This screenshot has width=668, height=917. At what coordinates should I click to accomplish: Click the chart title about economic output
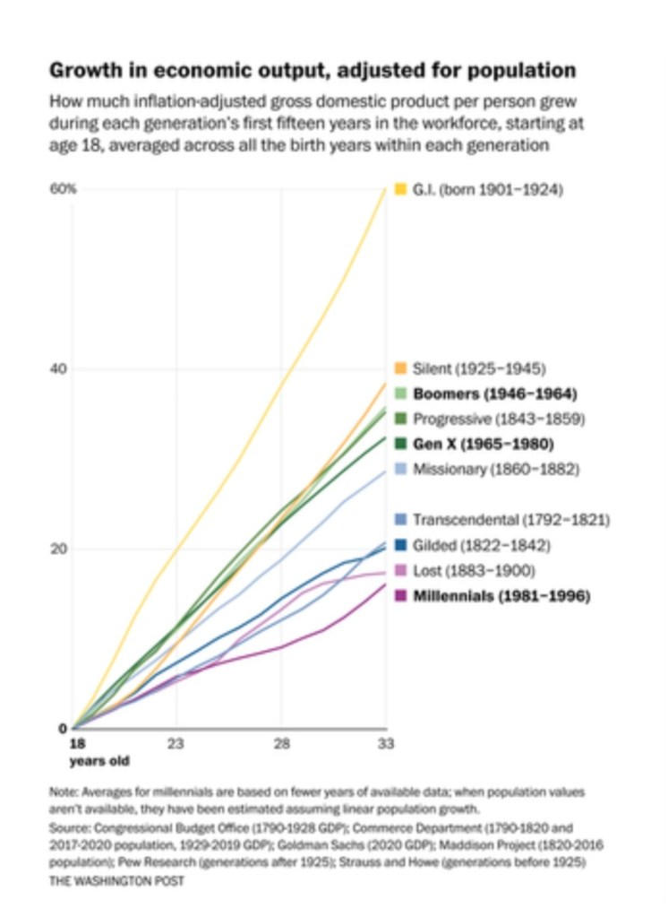pyautogui.click(x=312, y=70)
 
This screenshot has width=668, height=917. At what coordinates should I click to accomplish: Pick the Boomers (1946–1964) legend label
pyautogui.click(x=493, y=394)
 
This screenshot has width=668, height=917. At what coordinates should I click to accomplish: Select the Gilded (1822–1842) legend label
pyautogui.click(x=480, y=545)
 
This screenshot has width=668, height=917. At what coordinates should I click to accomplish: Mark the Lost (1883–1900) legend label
pyautogui.click(x=473, y=570)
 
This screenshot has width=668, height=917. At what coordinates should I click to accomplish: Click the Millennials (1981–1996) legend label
pyautogui.click(x=501, y=596)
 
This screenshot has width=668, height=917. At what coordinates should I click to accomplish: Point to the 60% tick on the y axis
pyautogui.click(x=62, y=189)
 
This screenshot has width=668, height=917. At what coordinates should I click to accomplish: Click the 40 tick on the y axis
pyautogui.click(x=58, y=368)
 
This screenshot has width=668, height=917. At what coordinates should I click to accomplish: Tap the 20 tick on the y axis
pyautogui.click(x=58, y=549)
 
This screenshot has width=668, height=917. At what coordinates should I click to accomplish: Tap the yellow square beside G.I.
pyautogui.click(x=401, y=189)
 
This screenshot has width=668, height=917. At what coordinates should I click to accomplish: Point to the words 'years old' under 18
pyautogui.click(x=99, y=761)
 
